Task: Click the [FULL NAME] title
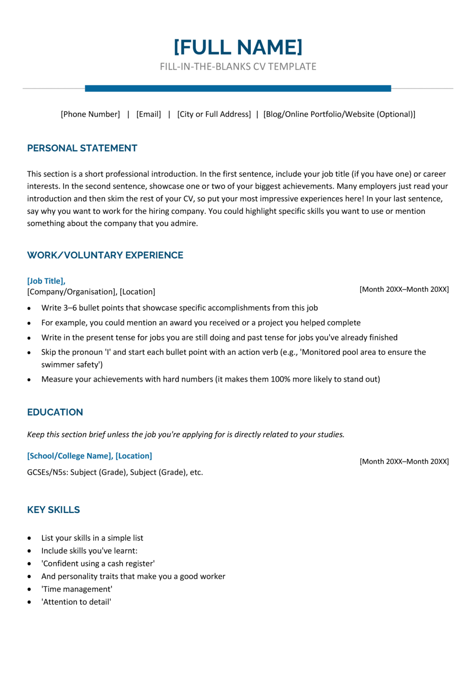(x=238, y=47)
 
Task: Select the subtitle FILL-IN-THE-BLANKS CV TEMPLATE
(x=238, y=67)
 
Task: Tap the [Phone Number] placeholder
(x=90, y=114)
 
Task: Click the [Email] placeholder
(x=149, y=114)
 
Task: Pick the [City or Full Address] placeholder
(x=214, y=114)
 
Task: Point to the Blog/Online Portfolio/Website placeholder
(x=339, y=114)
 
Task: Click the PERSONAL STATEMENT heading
(x=82, y=148)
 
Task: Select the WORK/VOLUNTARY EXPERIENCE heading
(x=105, y=255)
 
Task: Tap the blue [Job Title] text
(x=46, y=281)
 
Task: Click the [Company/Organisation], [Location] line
(x=91, y=292)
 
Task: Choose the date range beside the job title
(x=404, y=289)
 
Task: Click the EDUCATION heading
(x=55, y=412)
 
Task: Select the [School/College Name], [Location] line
(x=89, y=456)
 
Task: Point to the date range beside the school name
(x=404, y=461)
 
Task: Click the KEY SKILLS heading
(x=53, y=510)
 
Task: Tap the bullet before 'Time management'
(x=29, y=589)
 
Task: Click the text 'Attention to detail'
(x=77, y=602)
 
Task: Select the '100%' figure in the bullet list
(x=281, y=379)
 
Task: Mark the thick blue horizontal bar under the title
(x=238, y=89)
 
